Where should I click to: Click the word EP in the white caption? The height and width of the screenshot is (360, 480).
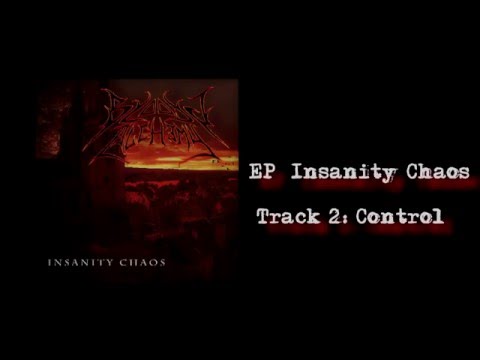coord(259,172)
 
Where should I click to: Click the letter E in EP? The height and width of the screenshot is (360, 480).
coord(253,172)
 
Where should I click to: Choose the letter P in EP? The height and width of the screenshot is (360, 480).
coord(266,172)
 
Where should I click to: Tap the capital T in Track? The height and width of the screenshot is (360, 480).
coord(262,216)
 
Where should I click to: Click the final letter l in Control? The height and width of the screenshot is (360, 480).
coord(437,216)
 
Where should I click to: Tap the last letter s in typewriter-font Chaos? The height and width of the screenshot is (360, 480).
coord(465,173)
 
